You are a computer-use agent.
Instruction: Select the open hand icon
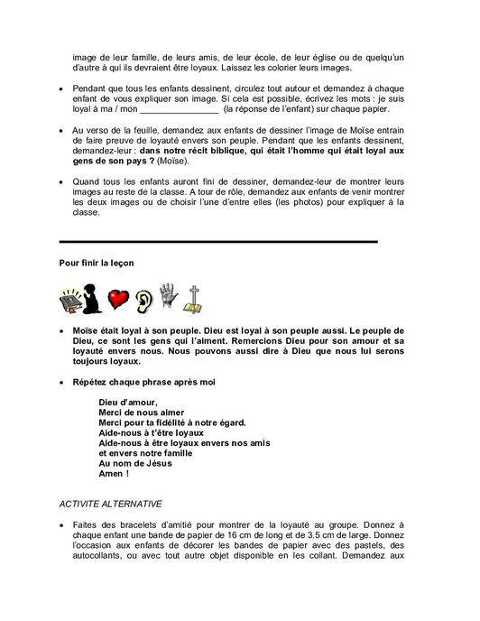[170, 298]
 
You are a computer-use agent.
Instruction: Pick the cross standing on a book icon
[193, 299]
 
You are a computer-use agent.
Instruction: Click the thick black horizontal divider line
[217, 241]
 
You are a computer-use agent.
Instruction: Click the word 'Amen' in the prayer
[114, 474]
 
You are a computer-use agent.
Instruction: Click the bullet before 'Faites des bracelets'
[60, 534]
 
